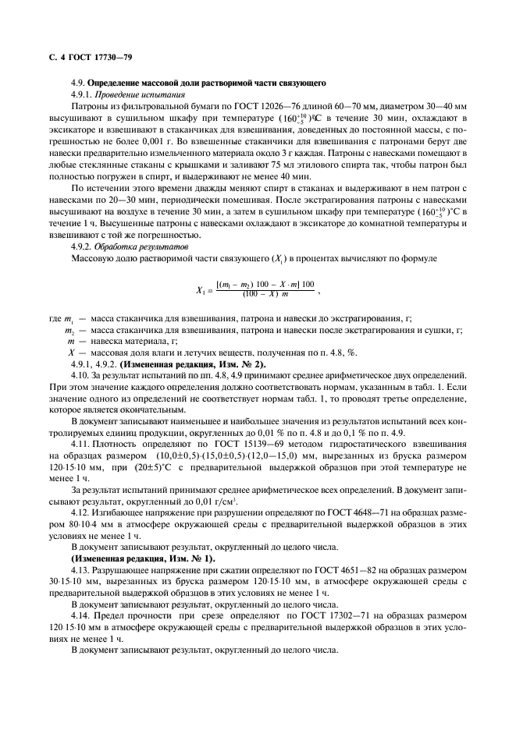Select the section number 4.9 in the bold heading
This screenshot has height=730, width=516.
[77, 83]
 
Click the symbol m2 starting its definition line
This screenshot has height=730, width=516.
[70, 331]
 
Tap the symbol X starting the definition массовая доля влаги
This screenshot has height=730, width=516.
[71, 353]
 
